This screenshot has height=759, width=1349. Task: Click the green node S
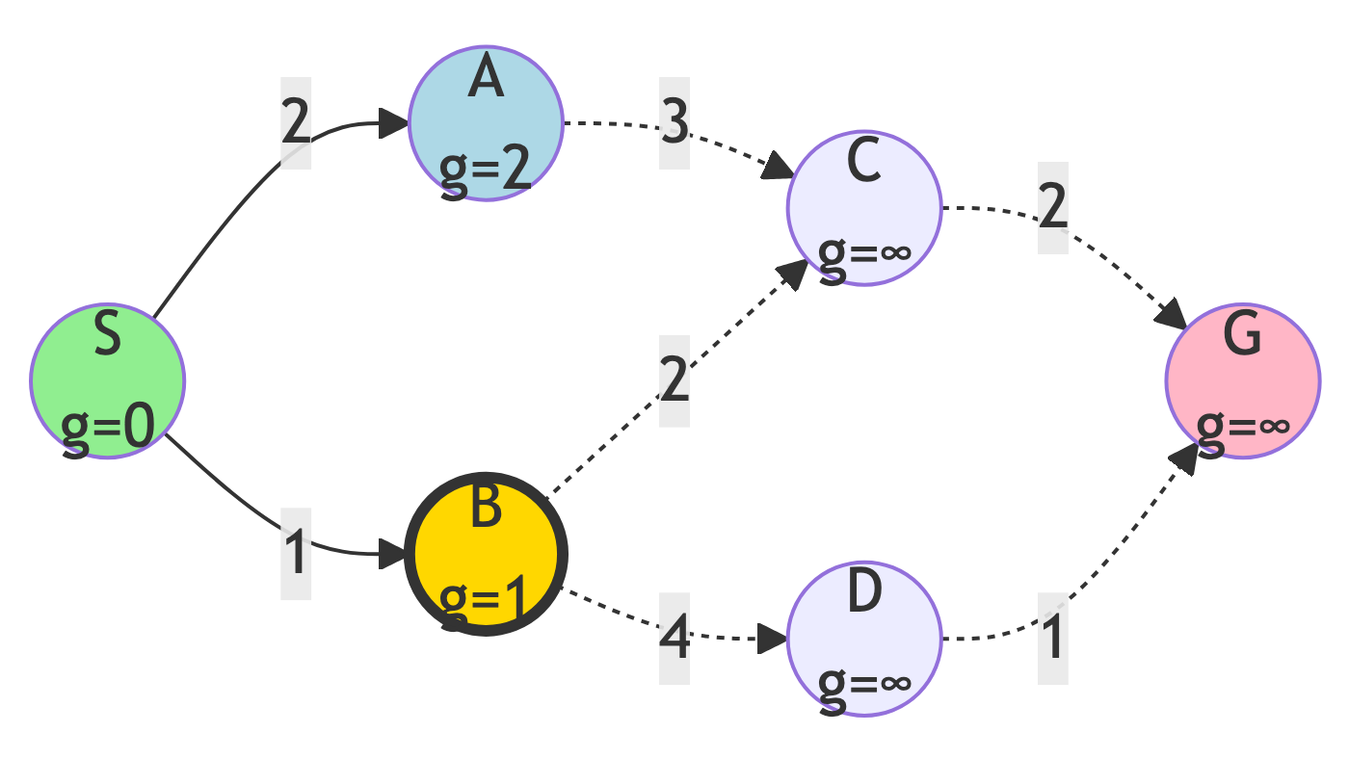tap(107, 381)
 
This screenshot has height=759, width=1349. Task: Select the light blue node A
tap(486, 123)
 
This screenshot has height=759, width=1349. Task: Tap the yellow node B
tap(486, 554)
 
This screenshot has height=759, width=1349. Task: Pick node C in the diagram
tap(864, 209)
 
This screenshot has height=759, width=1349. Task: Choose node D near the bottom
tap(864, 639)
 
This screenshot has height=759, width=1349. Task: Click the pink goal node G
tap(1243, 381)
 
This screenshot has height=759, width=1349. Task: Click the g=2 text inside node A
tap(486, 170)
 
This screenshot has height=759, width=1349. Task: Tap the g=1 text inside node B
tap(486, 601)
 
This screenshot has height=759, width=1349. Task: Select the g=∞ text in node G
tap(1243, 426)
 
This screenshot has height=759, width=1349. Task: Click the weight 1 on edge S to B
tap(296, 554)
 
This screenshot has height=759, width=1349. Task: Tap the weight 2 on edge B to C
tap(674, 381)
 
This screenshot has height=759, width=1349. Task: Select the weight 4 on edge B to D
tap(674, 639)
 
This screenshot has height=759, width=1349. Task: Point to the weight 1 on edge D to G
tap(1053, 639)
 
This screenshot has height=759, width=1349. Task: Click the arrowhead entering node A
tap(393, 123)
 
